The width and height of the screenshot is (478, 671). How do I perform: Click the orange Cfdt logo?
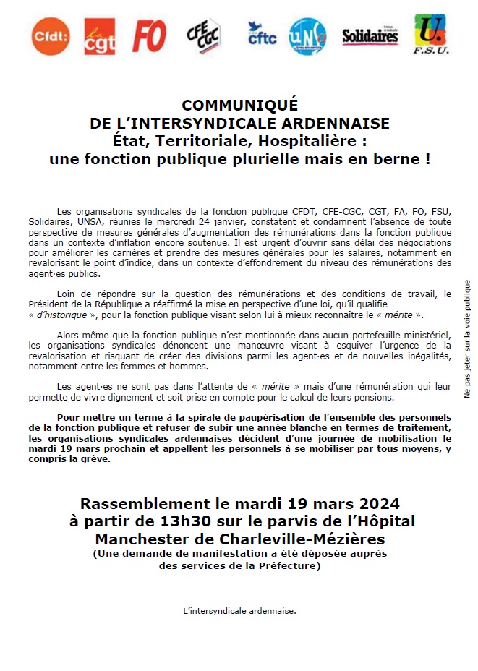coord(50,35)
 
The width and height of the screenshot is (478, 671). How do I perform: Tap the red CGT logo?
coord(100,36)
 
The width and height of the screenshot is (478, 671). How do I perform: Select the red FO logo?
coord(150,35)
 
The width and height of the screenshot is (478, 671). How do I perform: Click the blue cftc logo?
coord(261,35)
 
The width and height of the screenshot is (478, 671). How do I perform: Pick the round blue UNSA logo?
coord(307,35)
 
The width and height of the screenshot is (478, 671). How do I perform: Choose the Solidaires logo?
coord(370,35)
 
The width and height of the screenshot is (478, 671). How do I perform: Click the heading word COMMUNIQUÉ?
coord(239,106)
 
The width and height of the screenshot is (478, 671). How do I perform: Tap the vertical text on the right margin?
coord(467,339)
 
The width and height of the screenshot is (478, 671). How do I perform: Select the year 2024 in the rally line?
coord(375,503)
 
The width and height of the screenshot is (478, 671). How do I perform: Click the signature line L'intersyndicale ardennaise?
coord(240,611)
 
